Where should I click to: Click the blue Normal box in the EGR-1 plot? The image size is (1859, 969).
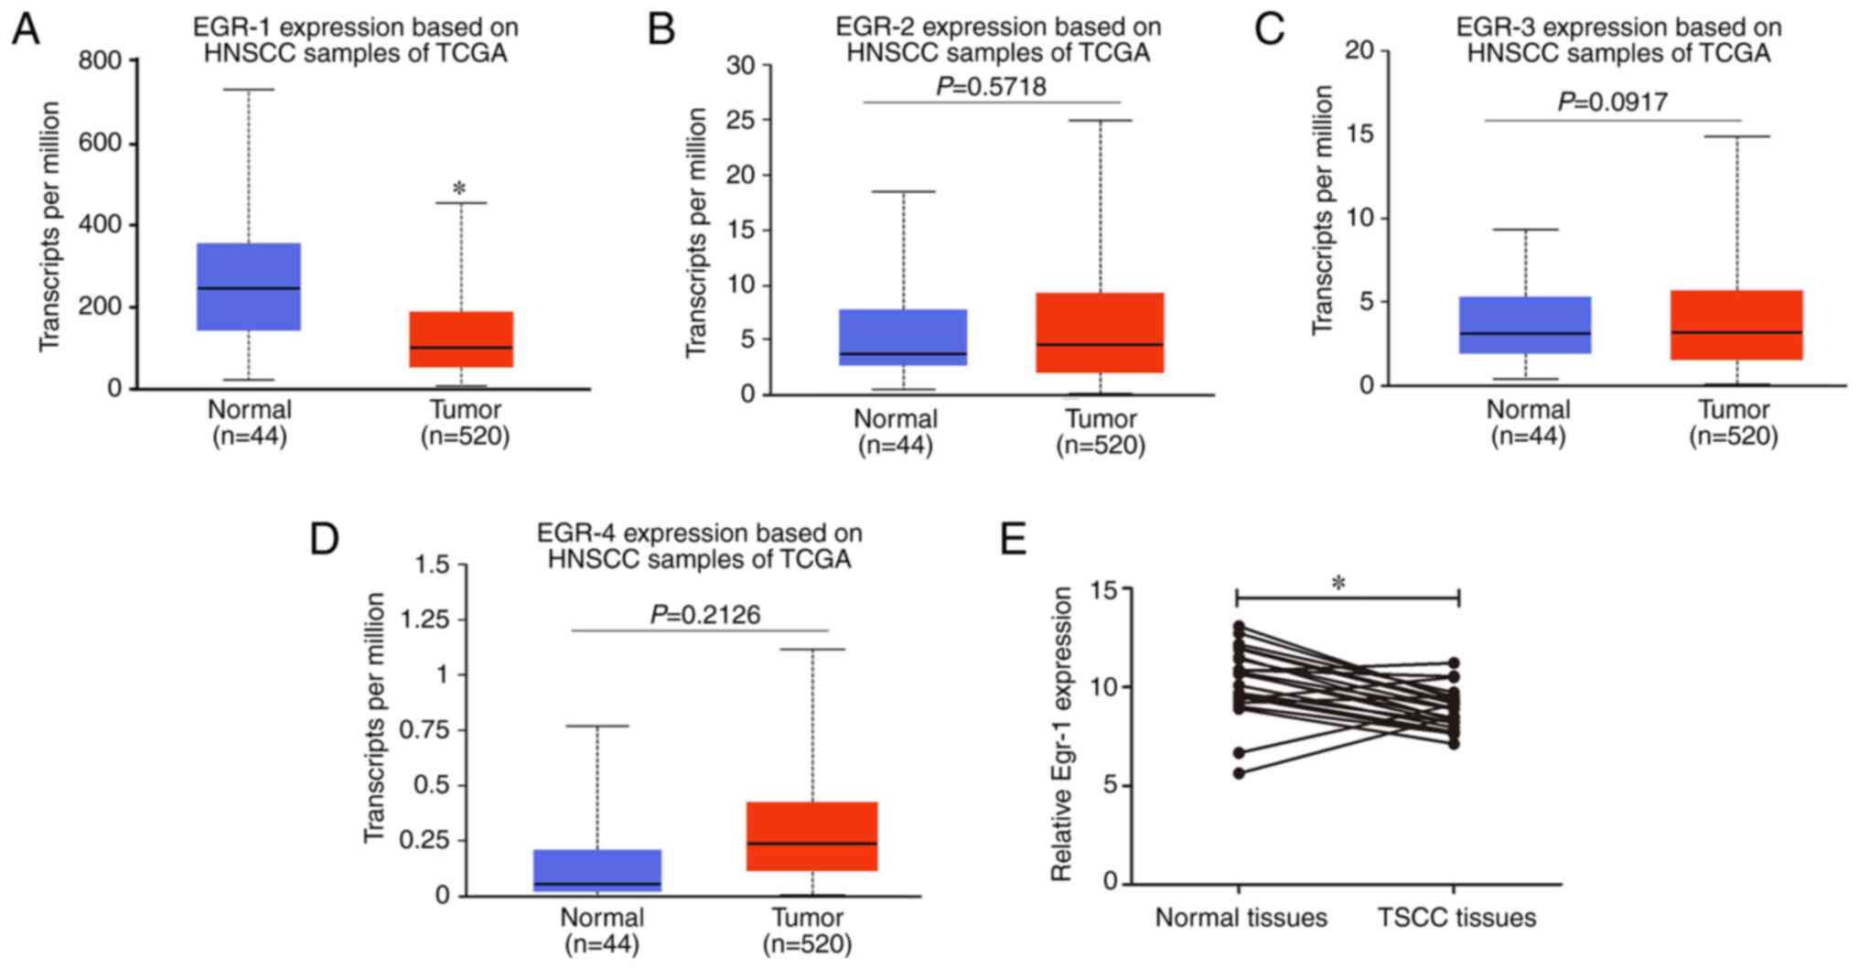point(249,286)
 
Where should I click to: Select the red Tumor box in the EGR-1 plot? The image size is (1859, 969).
point(460,339)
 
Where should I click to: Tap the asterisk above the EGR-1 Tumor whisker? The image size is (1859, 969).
point(459,189)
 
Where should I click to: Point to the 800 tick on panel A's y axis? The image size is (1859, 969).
point(100,61)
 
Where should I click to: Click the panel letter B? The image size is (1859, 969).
point(661,29)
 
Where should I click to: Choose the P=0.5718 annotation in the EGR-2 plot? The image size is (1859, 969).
point(991,87)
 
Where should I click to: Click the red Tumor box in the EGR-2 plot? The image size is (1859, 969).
point(1101,332)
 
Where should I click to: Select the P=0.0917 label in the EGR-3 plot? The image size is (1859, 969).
point(1613,102)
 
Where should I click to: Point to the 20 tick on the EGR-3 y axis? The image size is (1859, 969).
point(1359,50)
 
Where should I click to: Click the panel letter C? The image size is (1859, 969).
point(1270,29)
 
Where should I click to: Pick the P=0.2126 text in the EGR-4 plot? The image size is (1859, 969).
point(705,615)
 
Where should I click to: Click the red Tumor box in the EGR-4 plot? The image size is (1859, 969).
point(812,835)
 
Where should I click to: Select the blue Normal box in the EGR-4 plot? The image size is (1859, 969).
point(597,870)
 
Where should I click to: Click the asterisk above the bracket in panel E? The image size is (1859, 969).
point(1339,583)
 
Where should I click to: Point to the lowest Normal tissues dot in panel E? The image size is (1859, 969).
point(1239,773)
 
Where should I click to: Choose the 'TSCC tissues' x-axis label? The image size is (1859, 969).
point(1456,918)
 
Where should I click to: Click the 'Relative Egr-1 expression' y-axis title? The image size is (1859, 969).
point(1061,735)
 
